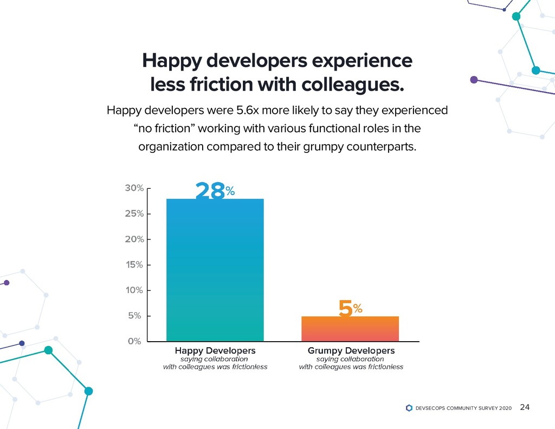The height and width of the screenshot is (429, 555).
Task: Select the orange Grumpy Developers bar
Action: (x=350, y=329)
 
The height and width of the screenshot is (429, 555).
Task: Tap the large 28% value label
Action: (x=215, y=191)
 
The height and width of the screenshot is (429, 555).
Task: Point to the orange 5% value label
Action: (x=350, y=309)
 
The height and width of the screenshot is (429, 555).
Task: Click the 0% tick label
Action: (x=134, y=341)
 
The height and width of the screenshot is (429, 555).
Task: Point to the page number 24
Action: (x=525, y=407)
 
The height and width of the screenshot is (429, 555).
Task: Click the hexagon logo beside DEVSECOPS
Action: (x=409, y=408)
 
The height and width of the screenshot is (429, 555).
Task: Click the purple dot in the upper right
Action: (x=474, y=80)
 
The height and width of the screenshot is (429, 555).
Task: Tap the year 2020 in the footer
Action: (x=504, y=408)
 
